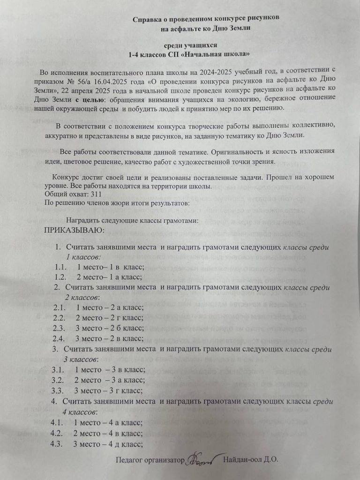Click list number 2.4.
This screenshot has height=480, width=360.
(59, 338)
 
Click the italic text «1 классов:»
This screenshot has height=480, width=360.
(84, 257)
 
